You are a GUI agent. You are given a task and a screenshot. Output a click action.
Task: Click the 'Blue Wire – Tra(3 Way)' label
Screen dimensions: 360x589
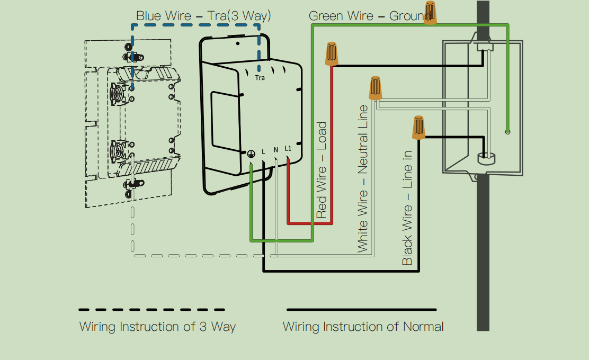click(203, 16)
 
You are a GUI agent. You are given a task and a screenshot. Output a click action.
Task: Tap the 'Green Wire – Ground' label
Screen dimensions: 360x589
click(369, 16)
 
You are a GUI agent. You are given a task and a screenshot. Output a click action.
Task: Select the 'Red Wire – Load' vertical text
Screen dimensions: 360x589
click(322, 170)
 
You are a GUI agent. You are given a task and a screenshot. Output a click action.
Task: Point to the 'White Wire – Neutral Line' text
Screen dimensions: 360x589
click(363, 178)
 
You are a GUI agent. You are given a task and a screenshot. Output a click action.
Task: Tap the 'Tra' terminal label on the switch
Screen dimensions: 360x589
click(260, 78)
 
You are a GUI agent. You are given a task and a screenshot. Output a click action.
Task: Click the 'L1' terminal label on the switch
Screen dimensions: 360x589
click(288, 148)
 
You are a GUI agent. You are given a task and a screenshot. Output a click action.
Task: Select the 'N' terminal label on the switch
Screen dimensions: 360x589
click(276, 150)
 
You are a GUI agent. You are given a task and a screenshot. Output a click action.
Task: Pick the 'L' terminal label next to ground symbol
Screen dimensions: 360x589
click(263, 152)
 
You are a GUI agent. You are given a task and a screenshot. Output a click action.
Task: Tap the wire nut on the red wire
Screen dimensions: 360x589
click(332, 54)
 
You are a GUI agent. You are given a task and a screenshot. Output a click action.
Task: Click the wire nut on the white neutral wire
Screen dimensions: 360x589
click(376, 88)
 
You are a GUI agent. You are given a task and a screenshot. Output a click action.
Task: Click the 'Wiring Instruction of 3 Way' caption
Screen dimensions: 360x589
click(157, 326)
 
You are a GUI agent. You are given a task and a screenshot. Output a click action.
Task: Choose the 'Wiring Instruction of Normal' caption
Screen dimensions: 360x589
click(363, 326)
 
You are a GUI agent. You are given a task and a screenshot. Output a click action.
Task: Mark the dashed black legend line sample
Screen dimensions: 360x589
click(151, 310)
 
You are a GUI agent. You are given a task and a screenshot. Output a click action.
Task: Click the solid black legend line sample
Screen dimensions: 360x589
click(361, 310)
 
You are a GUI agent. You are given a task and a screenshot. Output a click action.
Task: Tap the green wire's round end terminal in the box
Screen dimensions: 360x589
click(507, 131)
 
